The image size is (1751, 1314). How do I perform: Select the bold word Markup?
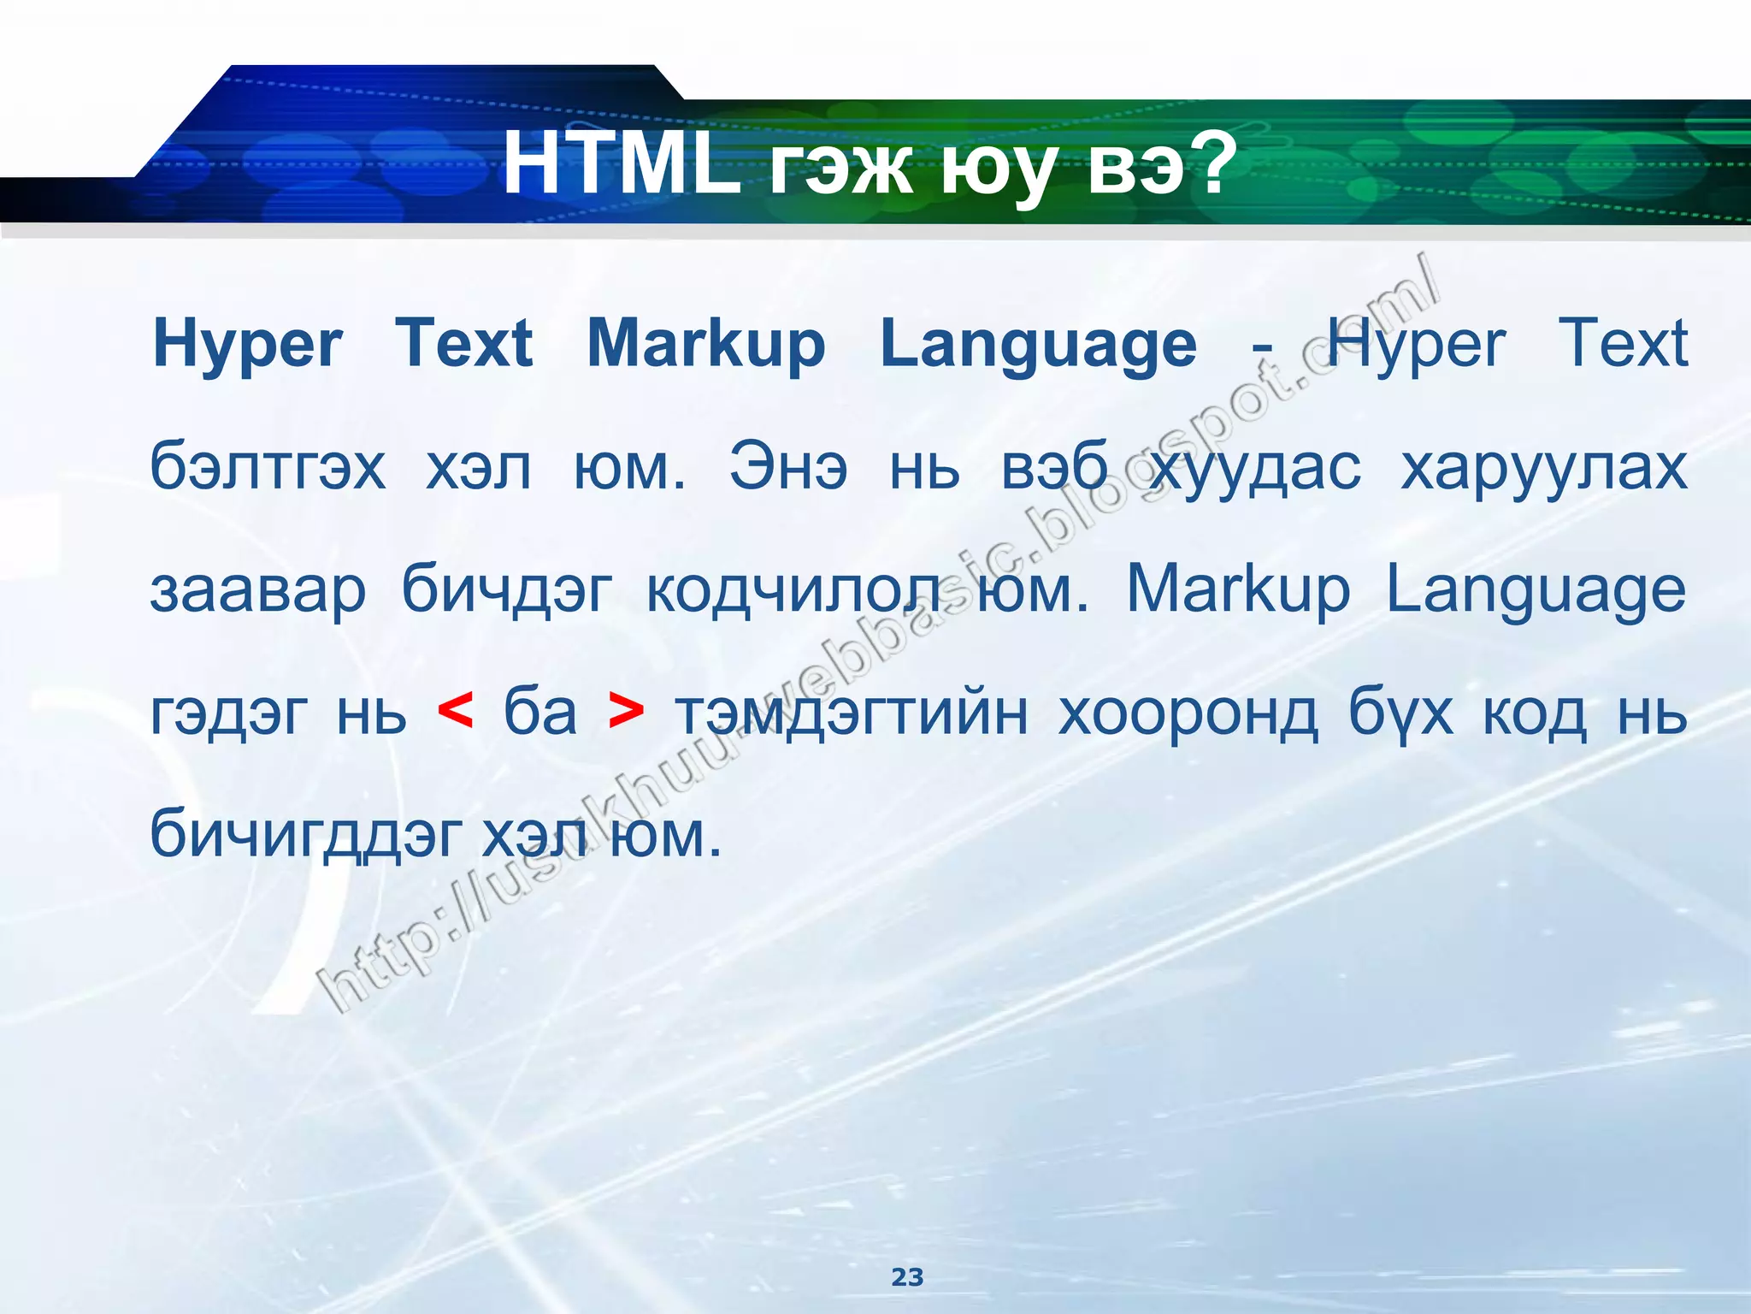pyautogui.click(x=706, y=345)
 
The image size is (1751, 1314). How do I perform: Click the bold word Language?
pyautogui.click(x=1038, y=345)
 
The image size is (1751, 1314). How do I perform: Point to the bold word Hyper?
pyautogui.click(x=248, y=345)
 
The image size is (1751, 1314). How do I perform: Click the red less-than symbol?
pyautogui.click(x=455, y=712)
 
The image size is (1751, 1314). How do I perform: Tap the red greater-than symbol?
pyautogui.click(x=626, y=712)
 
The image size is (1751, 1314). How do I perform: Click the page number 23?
pyautogui.click(x=907, y=1277)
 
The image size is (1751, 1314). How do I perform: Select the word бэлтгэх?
pyautogui.click(x=268, y=468)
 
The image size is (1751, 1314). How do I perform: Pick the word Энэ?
pyautogui.click(x=788, y=468)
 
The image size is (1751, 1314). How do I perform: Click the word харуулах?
pyautogui.click(x=1544, y=468)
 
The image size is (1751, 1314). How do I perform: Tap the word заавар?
pyautogui.click(x=258, y=590)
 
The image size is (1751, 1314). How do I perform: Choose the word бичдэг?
pyautogui.click(x=507, y=590)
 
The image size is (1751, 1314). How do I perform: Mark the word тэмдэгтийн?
pyautogui.click(x=852, y=712)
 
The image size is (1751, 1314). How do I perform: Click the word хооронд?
pyautogui.click(x=1188, y=712)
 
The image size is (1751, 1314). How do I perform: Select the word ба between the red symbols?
pyautogui.click(x=540, y=712)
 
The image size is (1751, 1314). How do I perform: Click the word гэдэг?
pyautogui.click(x=229, y=712)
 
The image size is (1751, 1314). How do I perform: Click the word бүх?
pyautogui.click(x=1400, y=712)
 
